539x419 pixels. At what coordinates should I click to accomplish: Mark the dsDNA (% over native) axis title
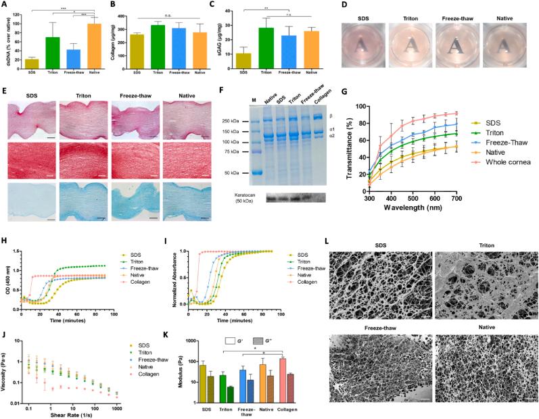(x=7, y=41)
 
